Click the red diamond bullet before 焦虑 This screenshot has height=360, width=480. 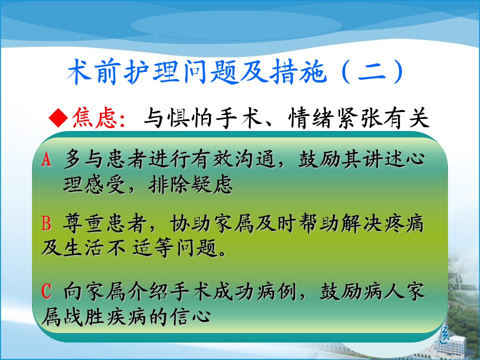(58, 118)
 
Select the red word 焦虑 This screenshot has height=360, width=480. (94, 118)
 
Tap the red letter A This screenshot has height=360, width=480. (46, 159)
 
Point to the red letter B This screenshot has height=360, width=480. (46, 223)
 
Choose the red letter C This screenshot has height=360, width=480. (46, 291)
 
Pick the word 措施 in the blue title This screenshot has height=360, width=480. (297, 72)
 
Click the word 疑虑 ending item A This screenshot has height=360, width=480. (211, 184)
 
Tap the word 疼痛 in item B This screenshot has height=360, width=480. (404, 223)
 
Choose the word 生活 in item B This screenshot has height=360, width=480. (83, 247)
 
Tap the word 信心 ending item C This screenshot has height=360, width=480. (190, 316)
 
